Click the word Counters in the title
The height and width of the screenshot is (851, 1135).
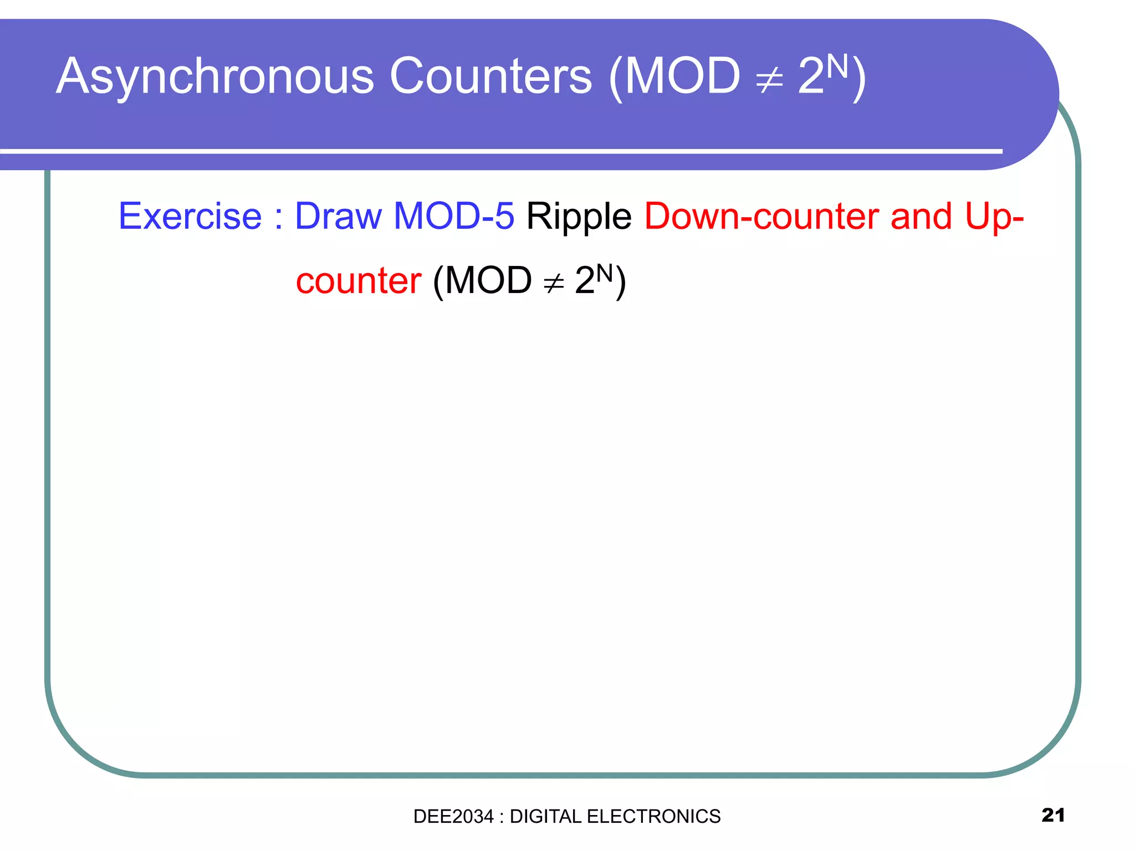click(x=490, y=76)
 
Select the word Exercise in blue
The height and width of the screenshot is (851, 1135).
click(x=190, y=216)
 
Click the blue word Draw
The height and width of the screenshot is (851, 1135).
click(x=338, y=216)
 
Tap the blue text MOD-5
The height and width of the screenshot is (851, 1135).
click(x=454, y=216)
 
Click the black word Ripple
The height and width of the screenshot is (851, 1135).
click(x=579, y=216)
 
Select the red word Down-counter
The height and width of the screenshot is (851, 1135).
click(x=761, y=216)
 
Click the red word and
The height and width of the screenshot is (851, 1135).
click(x=921, y=216)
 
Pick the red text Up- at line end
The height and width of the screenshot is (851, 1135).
click(x=994, y=216)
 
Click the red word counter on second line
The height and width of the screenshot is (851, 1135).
click(x=359, y=281)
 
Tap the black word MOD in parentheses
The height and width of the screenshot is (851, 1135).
click(x=488, y=281)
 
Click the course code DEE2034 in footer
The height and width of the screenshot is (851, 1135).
click(x=453, y=816)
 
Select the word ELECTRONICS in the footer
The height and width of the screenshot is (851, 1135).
click(x=653, y=816)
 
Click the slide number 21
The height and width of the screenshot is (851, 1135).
click(x=1053, y=815)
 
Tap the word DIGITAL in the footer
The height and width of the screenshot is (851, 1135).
click(x=545, y=816)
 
